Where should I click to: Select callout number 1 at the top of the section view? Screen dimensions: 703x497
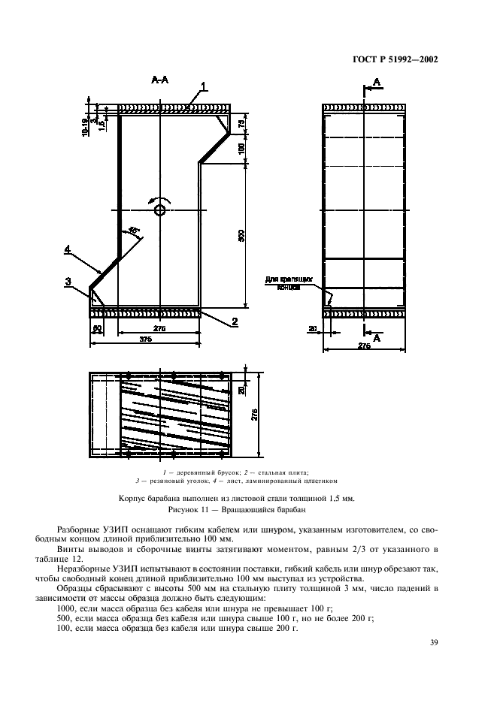[x=203, y=88]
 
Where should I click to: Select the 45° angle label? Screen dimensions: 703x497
[x=133, y=232]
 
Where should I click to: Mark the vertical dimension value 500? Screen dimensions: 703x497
[x=241, y=235]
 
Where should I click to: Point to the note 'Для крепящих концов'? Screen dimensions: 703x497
[x=283, y=283]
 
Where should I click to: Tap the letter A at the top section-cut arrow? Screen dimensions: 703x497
[x=377, y=81]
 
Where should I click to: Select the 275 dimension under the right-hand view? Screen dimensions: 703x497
[x=365, y=345]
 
